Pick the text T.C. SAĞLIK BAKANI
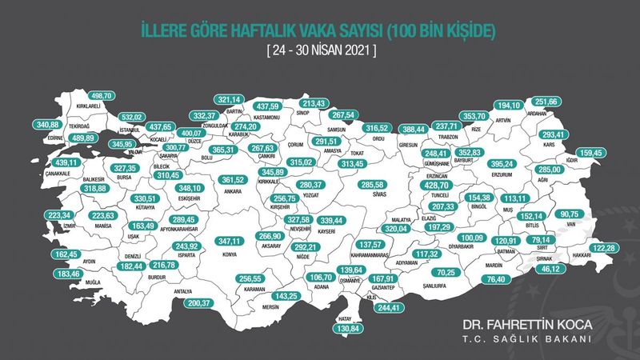526,340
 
